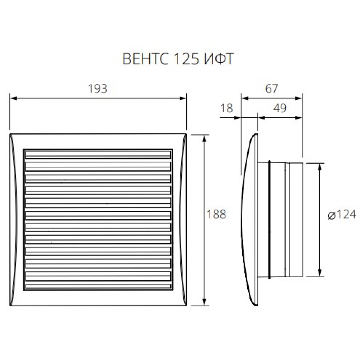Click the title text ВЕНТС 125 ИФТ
[x=178, y=59]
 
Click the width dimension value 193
[x=98, y=89]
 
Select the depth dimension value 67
[x=271, y=89]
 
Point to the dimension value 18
[x=227, y=108]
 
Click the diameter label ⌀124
[x=342, y=215]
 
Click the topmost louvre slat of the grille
[x=98, y=154]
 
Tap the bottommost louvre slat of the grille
[x=98, y=287]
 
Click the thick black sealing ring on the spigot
[x=269, y=220]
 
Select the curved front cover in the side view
[x=248, y=220]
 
